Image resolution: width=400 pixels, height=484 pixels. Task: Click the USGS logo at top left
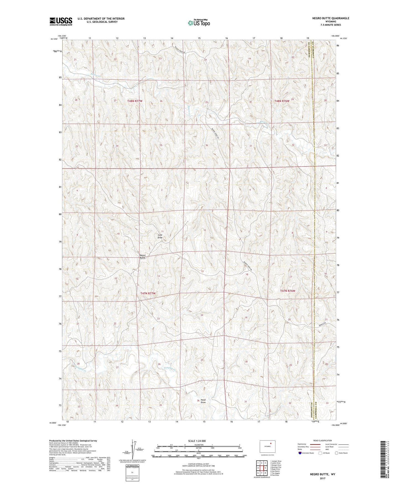61,21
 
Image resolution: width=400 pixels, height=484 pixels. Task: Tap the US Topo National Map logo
198,23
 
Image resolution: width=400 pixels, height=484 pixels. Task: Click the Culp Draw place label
160,236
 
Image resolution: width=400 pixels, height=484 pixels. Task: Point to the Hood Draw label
203,401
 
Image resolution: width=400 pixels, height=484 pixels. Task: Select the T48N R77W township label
135,101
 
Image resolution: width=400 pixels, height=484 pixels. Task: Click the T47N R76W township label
288,291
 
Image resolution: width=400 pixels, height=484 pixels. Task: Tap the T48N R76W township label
282,101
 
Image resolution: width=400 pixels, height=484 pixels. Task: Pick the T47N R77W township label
148,293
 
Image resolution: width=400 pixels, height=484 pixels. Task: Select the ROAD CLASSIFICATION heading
322,440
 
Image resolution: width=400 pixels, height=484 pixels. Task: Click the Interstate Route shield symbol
300,453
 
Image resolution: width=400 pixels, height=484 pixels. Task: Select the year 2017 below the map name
322,478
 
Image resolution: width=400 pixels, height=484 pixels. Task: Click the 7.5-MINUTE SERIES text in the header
331,25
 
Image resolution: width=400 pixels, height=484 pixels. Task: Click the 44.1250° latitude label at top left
54,39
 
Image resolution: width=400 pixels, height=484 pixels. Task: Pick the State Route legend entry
341,453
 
